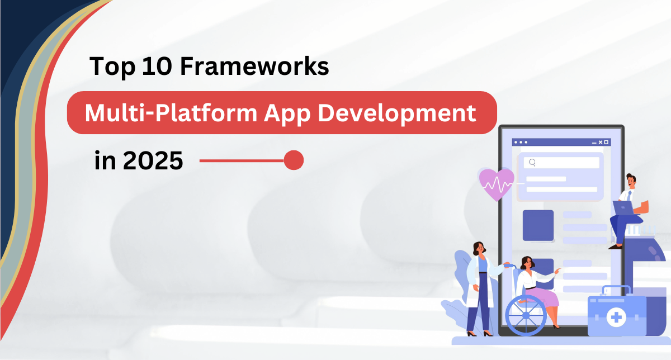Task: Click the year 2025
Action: [x=152, y=161]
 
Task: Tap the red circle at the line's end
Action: [x=294, y=160]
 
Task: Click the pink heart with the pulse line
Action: [x=495, y=183]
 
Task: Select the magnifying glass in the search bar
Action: [x=532, y=163]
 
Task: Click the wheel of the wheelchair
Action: [x=525, y=314]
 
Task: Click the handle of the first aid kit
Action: [x=615, y=290]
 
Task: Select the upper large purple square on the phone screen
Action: [x=538, y=225]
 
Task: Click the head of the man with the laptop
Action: [x=630, y=180]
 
